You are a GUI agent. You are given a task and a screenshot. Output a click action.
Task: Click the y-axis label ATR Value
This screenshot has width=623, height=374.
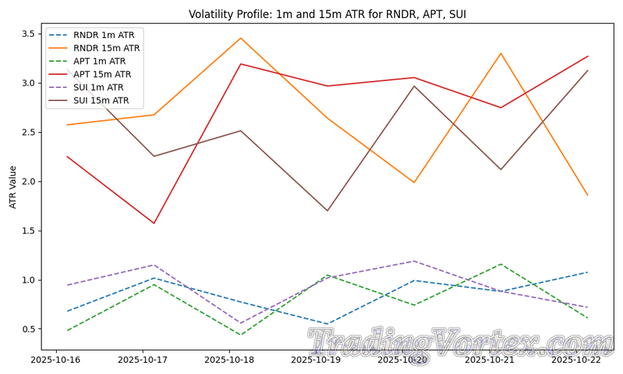(x=13, y=186)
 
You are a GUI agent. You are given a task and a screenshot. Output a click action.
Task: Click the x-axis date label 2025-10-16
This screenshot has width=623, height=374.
(x=55, y=360)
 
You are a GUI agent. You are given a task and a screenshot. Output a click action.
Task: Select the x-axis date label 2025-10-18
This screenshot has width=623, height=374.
(x=231, y=360)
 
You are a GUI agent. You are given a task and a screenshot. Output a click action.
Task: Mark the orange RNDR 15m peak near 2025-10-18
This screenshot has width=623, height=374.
(x=240, y=38)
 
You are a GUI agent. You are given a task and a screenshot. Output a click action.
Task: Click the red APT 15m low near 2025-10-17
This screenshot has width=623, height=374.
(x=154, y=223)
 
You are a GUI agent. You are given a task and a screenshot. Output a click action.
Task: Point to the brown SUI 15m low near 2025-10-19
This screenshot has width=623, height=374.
(x=327, y=211)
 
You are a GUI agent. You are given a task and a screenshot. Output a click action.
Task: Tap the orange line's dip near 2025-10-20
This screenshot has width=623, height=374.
(x=414, y=183)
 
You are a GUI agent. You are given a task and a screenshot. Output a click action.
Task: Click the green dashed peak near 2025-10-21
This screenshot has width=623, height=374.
(x=500, y=264)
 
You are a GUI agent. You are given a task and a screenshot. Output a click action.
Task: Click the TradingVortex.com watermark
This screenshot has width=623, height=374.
(x=460, y=344)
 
